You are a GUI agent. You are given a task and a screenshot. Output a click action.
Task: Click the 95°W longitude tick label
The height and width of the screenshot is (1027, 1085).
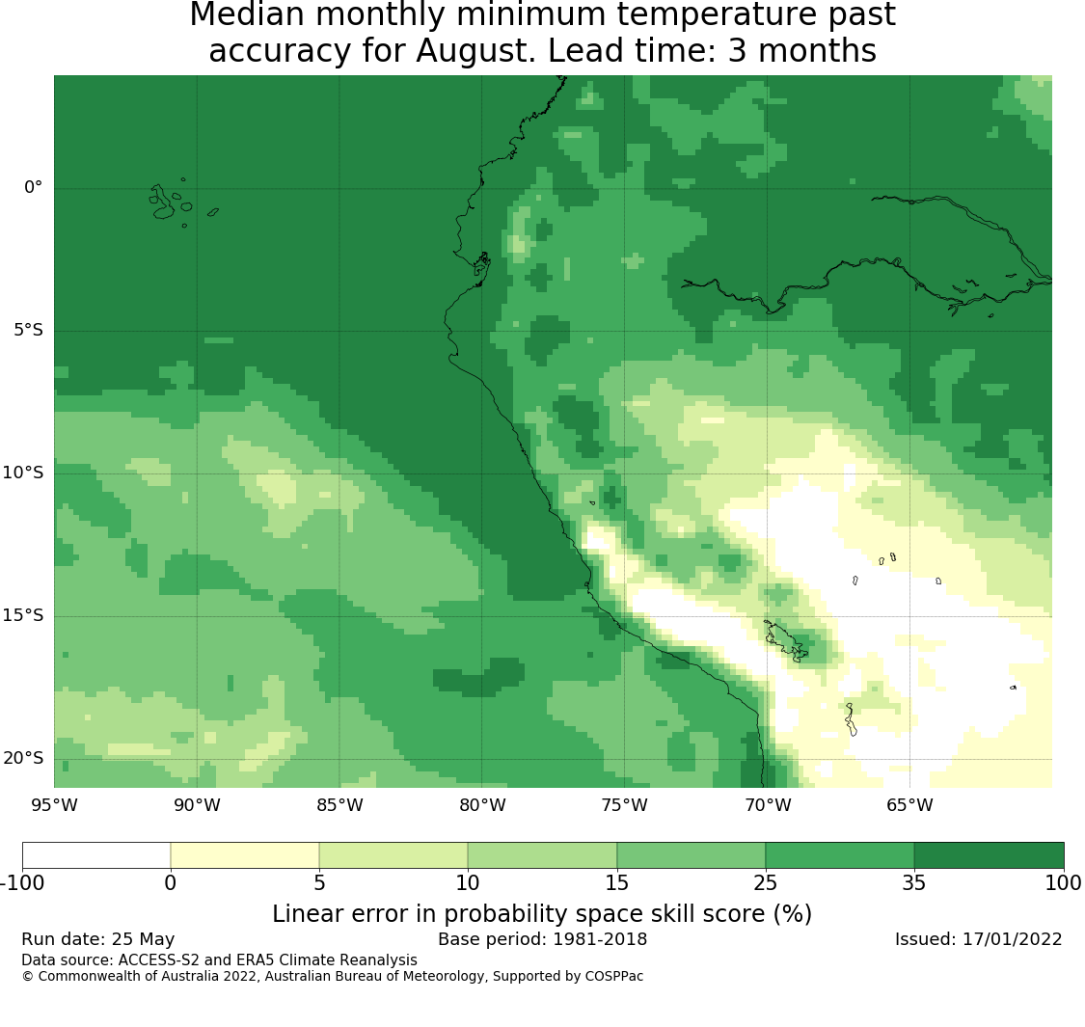click(x=55, y=805)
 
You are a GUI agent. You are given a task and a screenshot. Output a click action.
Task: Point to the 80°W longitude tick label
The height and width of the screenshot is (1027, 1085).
click(x=482, y=805)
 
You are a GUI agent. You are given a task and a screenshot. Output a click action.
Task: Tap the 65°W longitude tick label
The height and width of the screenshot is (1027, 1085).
click(x=909, y=805)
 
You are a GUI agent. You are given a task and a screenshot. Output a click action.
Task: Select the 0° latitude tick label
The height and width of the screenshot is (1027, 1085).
click(x=33, y=187)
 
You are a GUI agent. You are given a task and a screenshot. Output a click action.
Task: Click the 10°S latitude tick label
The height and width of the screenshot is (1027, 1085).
click(x=23, y=473)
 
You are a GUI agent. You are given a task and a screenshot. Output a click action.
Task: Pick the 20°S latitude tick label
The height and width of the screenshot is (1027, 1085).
click(x=23, y=759)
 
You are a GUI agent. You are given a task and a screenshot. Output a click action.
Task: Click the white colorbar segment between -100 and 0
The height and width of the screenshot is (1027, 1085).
click(x=96, y=855)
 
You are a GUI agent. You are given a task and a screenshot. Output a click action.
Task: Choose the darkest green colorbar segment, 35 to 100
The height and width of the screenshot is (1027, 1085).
click(x=989, y=855)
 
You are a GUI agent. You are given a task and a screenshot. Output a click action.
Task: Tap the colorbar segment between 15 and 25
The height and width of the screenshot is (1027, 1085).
click(x=691, y=855)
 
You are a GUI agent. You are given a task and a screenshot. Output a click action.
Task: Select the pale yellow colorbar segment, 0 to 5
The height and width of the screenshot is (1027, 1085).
click(x=245, y=855)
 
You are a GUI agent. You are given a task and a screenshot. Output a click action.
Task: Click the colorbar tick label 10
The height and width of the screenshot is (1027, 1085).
click(x=468, y=883)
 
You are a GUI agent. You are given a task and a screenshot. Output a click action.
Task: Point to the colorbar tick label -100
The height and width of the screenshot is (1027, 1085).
click(x=23, y=883)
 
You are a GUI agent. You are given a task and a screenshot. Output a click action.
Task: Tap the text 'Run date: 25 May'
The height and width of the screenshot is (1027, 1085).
click(x=98, y=939)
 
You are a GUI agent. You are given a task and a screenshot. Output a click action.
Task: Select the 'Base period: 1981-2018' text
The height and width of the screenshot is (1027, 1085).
click(x=542, y=939)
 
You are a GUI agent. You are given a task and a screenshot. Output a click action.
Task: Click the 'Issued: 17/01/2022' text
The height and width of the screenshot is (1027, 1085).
click(x=979, y=939)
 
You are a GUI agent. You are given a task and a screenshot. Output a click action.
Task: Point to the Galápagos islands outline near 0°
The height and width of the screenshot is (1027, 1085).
click(x=163, y=203)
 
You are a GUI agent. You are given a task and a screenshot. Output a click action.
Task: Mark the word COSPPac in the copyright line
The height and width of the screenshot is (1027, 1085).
click(x=614, y=977)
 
